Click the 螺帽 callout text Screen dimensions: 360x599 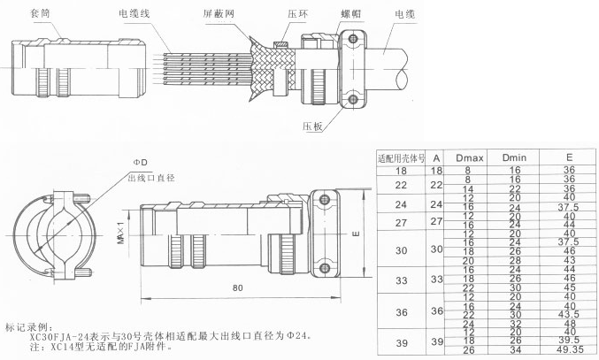point(339,13)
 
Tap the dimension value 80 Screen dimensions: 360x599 point(237,287)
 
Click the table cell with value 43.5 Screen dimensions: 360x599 point(569,315)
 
